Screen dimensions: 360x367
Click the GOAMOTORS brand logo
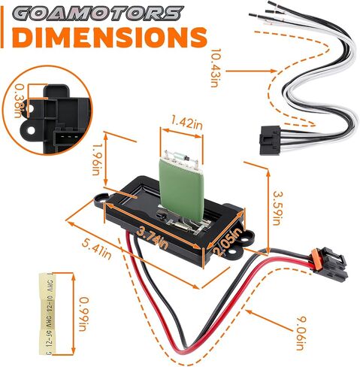point(98,14)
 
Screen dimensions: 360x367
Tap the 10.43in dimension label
point(214,68)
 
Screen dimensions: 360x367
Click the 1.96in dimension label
point(96,159)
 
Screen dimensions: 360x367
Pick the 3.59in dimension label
point(277,208)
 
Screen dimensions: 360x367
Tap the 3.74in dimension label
point(152,238)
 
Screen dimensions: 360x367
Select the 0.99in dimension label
point(84,314)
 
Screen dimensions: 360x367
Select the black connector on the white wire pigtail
point(270,141)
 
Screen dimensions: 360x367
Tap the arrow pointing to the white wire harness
point(251,71)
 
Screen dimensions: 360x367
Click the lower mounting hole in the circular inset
point(31,130)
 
